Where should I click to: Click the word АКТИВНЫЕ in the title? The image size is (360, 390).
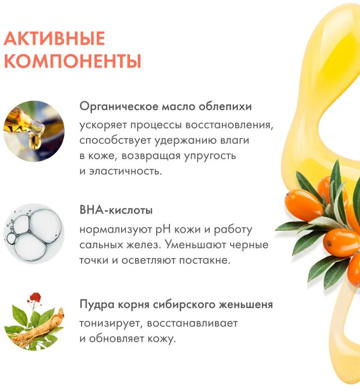pyautogui.click(x=54, y=39)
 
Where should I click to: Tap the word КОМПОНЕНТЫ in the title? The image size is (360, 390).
pyautogui.click(x=73, y=61)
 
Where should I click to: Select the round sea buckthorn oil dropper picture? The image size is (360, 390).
pyautogui.click(x=34, y=131)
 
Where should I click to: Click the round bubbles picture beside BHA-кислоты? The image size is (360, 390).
pyautogui.click(x=34, y=234)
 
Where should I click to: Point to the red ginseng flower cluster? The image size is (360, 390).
pyautogui.click(x=35, y=297)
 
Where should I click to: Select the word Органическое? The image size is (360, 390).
pyautogui.click(x=119, y=107)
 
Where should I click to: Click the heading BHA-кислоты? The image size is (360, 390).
pyautogui.click(x=116, y=210)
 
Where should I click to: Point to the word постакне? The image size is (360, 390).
pyautogui.click(x=205, y=260)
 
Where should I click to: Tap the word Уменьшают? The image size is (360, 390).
pyautogui.click(x=195, y=245)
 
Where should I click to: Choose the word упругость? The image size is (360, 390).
pyautogui.click(x=210, y=156)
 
